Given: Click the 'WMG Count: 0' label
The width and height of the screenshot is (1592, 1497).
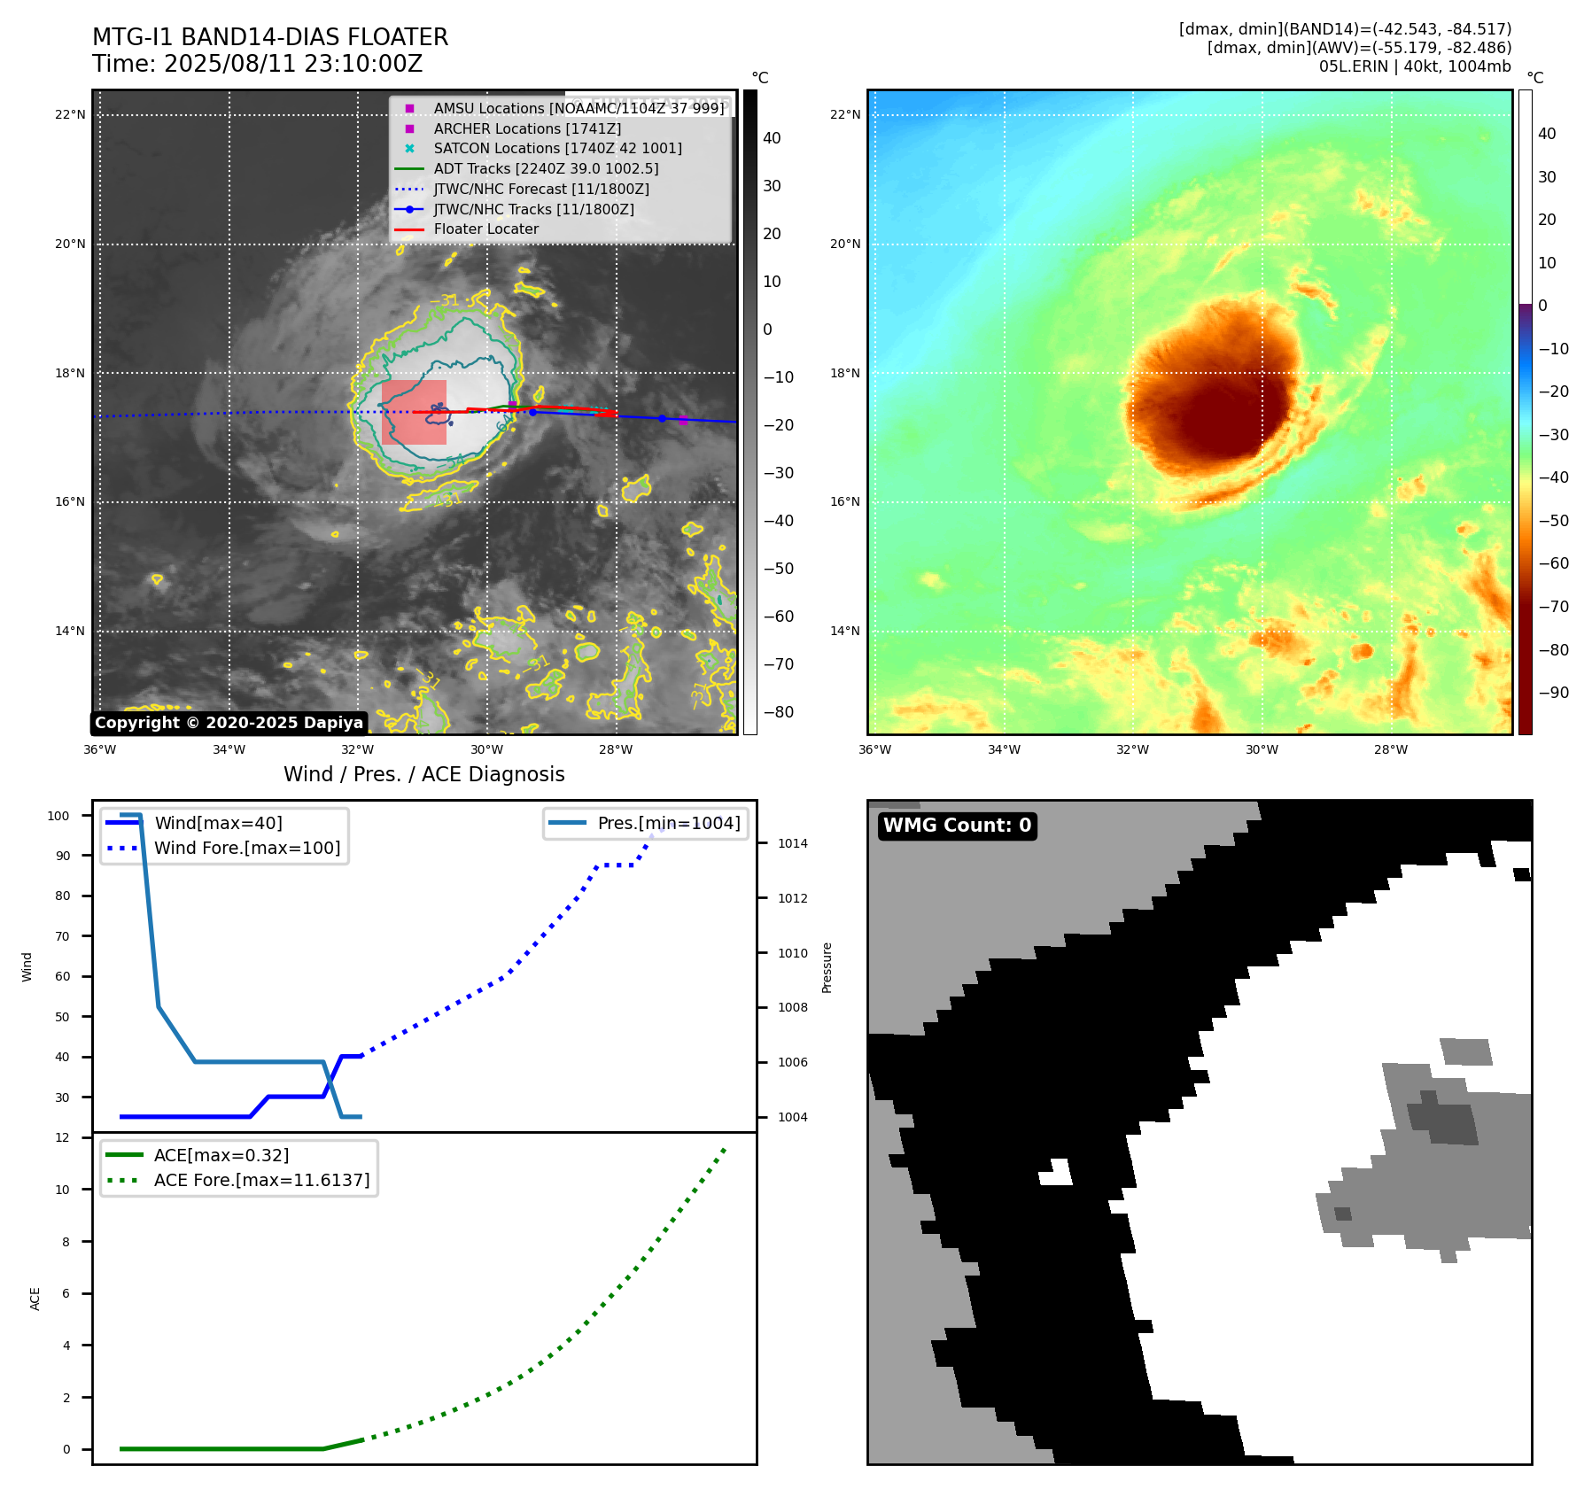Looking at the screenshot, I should (x=957, y=826).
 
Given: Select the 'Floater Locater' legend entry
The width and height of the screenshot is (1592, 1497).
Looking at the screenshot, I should (x=485, y=229).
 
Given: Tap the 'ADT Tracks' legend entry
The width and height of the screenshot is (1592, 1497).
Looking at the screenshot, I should (x=546, y=168).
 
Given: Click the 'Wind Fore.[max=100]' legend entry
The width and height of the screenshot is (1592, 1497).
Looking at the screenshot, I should (x=247, y=848).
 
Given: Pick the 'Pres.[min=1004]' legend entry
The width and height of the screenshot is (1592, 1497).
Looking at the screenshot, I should (x=668, y=823).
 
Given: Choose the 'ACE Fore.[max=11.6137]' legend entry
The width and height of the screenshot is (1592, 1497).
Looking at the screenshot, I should (x=261, y=1180).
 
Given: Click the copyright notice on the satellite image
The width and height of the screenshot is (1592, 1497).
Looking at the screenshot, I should (x=229, y=723).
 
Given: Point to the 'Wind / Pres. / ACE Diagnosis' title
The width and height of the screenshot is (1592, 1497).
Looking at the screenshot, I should (x=423, y=774).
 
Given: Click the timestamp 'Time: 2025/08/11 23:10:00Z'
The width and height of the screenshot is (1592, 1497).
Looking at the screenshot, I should (x=257, y=64).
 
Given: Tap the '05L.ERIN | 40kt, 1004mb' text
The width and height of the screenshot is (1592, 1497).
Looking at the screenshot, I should (x=1415, y=66).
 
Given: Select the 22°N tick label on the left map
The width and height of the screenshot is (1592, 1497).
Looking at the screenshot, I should (x=70, y=114).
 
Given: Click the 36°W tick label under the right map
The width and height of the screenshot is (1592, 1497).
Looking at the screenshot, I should (x=874, y=749).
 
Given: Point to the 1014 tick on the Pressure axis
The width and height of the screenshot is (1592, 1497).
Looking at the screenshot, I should (x=793, y=843).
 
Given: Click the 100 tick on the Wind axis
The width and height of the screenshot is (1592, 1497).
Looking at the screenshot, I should (x=58, y=816).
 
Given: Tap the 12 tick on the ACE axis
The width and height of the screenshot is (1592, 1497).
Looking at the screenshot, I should (x=62, y=1137).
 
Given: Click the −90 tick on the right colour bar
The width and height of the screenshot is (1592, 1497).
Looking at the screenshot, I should (x=1553, y=693).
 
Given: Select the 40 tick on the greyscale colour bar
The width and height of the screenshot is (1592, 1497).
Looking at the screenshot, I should (x=772, y=138).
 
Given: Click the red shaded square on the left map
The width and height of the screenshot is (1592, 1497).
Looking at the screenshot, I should (x=414, y=412).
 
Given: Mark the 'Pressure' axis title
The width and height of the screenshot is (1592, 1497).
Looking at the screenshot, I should (x=827, y=967).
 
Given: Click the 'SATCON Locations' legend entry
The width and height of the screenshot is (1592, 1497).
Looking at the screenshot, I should (x=557, y=148).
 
